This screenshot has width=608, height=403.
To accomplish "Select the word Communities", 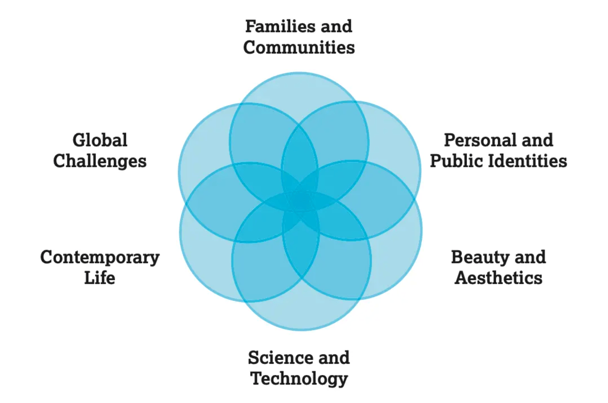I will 299,47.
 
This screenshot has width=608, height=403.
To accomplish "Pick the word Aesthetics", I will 498,278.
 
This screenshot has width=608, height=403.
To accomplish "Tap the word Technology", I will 299,379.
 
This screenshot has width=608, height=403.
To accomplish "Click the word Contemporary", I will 100,257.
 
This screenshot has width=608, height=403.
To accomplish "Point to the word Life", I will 100,278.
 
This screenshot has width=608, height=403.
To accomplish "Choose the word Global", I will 100,140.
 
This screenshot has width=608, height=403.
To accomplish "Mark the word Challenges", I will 100,161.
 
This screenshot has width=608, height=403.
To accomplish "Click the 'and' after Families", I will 336,27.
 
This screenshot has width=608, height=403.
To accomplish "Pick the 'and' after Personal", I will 537,140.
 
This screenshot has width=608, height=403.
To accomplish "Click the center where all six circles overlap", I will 300,201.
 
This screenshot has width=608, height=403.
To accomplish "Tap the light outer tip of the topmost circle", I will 299,87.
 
